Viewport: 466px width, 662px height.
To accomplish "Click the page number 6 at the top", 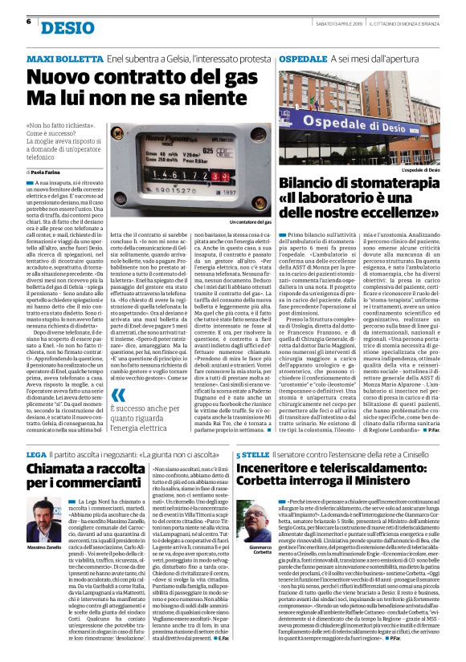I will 29,21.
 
